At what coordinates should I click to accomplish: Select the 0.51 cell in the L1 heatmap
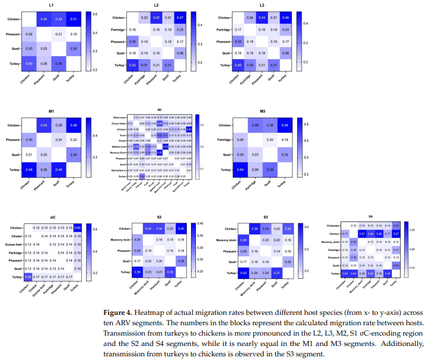(73, 18)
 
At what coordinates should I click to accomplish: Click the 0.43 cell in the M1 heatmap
(44, 126)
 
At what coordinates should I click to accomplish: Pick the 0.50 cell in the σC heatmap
(28, 276)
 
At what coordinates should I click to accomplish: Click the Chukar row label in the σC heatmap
(16, 236)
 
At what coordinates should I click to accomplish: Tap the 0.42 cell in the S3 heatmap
(244, 272)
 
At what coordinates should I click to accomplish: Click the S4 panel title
(370, 218)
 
